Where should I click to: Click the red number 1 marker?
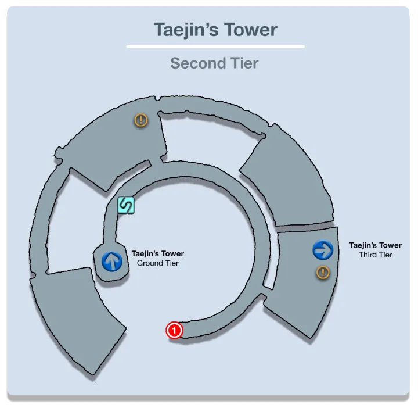click(174, 330)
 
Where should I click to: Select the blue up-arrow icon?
click(111, 261)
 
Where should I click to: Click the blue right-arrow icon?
click(322, 250)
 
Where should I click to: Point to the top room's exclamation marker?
click(140, 120)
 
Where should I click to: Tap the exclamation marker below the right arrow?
click(322, 272)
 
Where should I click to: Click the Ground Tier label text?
click(157, 263)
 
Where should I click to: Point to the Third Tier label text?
click(375, 255)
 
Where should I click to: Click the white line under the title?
click(215, 46)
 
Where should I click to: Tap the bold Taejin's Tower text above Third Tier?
click(375, 245)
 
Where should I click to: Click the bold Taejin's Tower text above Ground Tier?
click(157, 254)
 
